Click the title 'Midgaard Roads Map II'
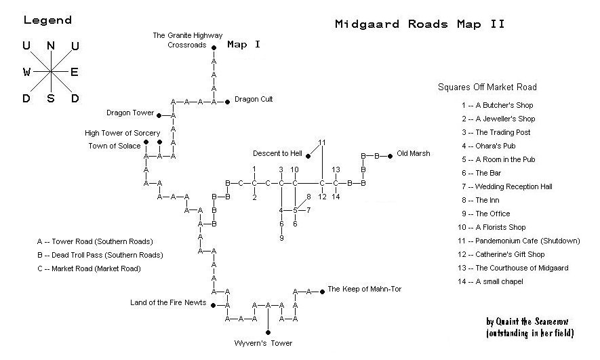420,24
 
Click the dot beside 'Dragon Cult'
228,100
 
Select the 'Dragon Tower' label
130,113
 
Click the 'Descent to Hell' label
277,153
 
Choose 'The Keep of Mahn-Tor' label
364,289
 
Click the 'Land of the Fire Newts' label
168,302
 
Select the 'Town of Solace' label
115,145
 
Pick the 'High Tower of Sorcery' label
123,133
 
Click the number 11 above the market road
322,142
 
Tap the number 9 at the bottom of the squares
281,238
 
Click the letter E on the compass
75,72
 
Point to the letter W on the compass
26,72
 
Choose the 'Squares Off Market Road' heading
487,87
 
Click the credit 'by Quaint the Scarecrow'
530,323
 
